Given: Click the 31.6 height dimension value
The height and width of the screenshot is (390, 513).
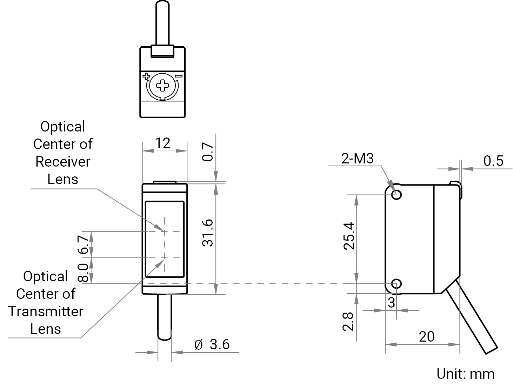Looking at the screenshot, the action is [x=207, y=233].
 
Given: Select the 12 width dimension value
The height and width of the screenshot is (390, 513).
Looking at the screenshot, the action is [x=163, y=143].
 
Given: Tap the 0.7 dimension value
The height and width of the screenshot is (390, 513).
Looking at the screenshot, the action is [x=207, y=152].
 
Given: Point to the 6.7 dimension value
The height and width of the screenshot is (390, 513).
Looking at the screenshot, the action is [x=83, y=244].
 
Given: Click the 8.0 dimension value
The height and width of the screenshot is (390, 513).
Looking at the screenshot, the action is [x=83, y=273].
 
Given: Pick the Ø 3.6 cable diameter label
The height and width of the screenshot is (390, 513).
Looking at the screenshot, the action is [x=212, y=344].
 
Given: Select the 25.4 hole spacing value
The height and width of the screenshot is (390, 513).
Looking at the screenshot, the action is [x=349, y=236].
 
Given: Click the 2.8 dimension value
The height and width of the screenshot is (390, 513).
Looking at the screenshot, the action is [x=348, y=322].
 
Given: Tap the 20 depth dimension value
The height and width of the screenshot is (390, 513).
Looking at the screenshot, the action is [x=427, y=337].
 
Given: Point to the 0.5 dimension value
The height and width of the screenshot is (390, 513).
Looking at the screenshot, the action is [x=493, y=161].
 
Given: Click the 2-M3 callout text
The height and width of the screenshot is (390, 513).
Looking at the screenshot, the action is [x=357, y=158].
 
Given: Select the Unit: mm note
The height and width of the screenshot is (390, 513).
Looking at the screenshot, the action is [x=466, y=374].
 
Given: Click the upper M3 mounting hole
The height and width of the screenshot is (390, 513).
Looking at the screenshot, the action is [x=397, y=194].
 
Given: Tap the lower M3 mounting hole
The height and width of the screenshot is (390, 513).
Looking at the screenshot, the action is [x=397, y=284].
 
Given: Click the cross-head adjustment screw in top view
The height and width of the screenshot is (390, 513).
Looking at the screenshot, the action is [x=162, y=86].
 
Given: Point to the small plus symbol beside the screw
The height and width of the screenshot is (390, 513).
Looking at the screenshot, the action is [x=146, y=76].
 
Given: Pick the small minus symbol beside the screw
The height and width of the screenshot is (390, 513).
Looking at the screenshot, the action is [x=179, y=76].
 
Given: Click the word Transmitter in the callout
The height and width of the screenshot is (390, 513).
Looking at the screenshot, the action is [x=46, y=311].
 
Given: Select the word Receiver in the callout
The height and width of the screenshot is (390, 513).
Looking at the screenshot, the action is [x=63, y=162].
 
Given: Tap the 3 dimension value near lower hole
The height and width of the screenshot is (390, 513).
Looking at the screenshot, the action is [x=391, y=303].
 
